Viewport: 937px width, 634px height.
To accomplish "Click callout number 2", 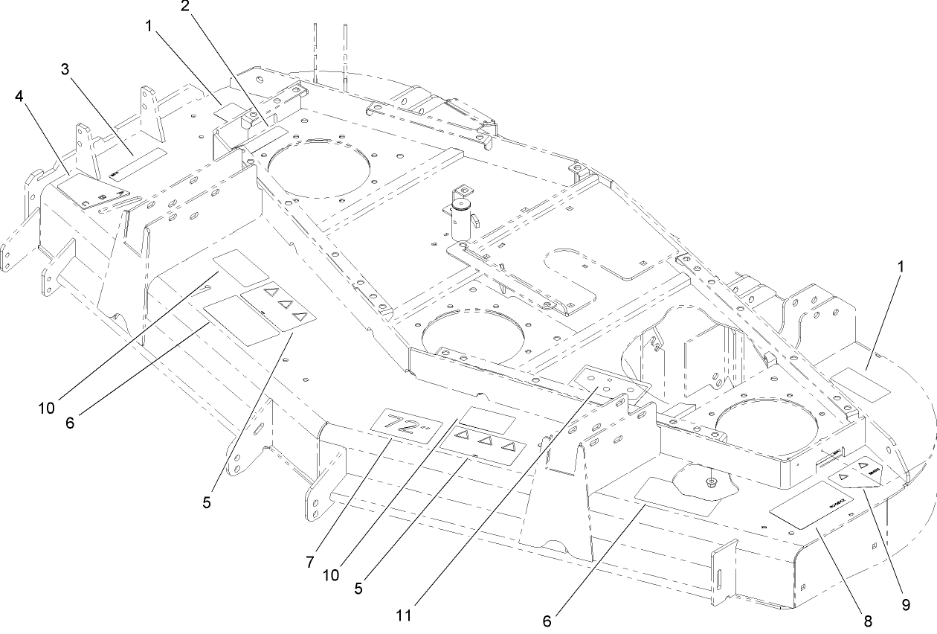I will click(184, 7).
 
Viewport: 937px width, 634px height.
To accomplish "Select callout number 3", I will click(65, 69).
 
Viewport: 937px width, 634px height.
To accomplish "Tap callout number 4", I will click(17, 96).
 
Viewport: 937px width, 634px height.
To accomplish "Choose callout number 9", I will click(906, 605).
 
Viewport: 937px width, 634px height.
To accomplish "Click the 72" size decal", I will click(403, 429).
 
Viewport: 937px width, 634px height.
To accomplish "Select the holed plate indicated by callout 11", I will click(610, 383).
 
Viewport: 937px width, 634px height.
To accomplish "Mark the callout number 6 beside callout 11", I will click(547, 621).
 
